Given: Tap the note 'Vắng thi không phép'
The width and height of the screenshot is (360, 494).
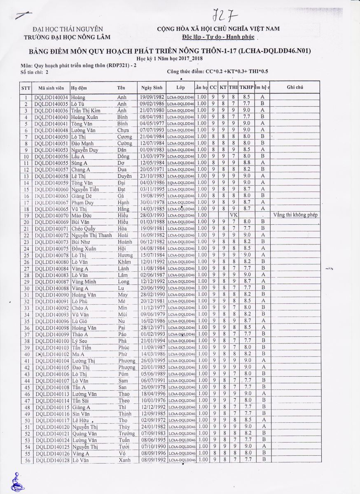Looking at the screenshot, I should tap(295, 215).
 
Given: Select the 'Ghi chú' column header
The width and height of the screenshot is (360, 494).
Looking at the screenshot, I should tap(295, 88).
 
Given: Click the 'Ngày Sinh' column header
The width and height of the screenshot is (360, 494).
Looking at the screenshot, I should tap(152, 88).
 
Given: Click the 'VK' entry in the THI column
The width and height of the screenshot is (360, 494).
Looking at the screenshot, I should tap(233, 215).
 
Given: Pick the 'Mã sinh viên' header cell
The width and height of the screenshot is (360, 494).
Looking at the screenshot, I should tap(51, 88).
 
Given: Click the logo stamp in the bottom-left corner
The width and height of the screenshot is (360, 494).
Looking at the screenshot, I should tap(17, 482).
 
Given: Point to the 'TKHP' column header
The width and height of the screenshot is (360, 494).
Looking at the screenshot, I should tap(246, 88).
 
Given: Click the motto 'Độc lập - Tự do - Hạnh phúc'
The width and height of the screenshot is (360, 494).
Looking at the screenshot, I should tap(218, 37).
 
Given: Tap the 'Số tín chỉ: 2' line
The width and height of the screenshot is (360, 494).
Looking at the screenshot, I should tap(35, 72).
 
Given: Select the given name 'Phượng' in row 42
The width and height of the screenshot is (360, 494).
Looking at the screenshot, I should tap(126, 367).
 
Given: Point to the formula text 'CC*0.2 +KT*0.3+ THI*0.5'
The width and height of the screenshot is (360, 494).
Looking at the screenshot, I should tap(236, 72).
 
